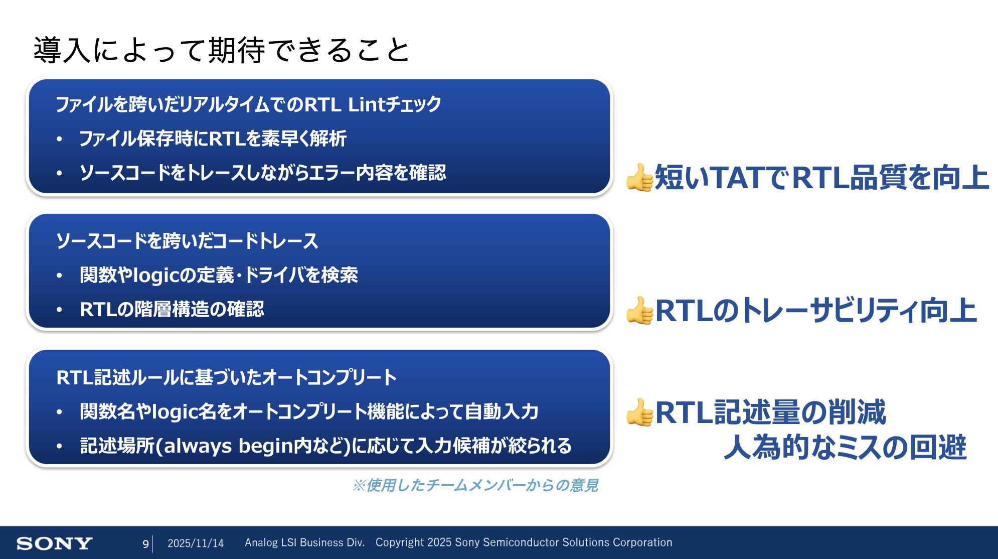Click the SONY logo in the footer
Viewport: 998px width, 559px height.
point(54,543)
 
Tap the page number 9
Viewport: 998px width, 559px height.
point(145,543)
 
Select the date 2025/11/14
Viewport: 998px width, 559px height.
point(196,543)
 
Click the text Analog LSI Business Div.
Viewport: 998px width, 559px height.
point(304,542)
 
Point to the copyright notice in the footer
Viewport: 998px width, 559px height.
point(524,542)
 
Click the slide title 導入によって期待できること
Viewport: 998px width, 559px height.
point(222,50)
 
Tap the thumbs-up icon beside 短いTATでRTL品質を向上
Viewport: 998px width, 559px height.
point(640,178)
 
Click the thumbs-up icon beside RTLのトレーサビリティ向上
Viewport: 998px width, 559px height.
point(640,311)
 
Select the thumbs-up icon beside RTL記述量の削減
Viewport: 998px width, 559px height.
point(640,412)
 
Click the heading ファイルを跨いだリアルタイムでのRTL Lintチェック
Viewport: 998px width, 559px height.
point(248,104)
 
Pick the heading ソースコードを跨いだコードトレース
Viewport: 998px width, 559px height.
point(187,241)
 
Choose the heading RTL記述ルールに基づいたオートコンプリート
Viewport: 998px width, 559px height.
point(227,377)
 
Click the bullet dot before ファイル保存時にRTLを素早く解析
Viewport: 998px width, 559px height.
point(60,139)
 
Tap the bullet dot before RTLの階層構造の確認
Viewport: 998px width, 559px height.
point(60,310)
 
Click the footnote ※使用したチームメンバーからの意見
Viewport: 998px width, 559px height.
point(475,485)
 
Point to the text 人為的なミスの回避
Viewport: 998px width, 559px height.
point(845,447)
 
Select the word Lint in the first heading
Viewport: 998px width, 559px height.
point(367,104)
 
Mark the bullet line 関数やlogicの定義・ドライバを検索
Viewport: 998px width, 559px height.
point(219,275)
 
